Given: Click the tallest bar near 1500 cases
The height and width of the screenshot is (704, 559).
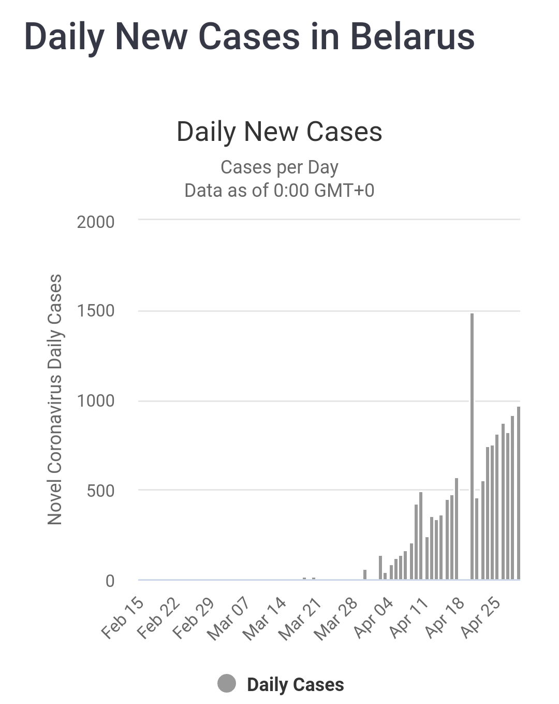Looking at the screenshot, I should click(x=472, y=446).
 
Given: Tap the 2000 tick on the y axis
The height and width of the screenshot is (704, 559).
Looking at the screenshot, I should click(x=96, y=222).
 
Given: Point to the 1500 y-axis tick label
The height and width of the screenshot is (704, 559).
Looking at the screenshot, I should click(x=96, y=311).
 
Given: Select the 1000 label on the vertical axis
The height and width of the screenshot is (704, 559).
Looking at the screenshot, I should click(x=96, y=400).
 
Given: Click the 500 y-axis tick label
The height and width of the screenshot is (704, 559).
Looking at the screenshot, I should click(x=100, y=490).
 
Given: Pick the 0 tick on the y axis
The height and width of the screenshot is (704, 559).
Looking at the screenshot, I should click(x=110, y=581).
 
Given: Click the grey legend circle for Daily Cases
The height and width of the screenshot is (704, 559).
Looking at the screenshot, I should click(x=227, y=684).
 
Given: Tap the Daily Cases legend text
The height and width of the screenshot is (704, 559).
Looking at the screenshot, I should click(x=295, y=684).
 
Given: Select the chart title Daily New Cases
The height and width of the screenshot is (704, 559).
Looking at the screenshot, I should click(x=279, y=132).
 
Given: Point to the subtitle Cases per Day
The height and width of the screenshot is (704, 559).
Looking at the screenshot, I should click(x=279, y=167).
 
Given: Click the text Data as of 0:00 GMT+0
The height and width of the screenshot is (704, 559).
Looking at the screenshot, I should click(x=279, y=190).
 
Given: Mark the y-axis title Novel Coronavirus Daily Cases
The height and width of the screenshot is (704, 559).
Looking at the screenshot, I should click(x=55, y=399).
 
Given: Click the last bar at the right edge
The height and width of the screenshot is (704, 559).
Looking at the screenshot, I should click(x=518, y=492).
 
